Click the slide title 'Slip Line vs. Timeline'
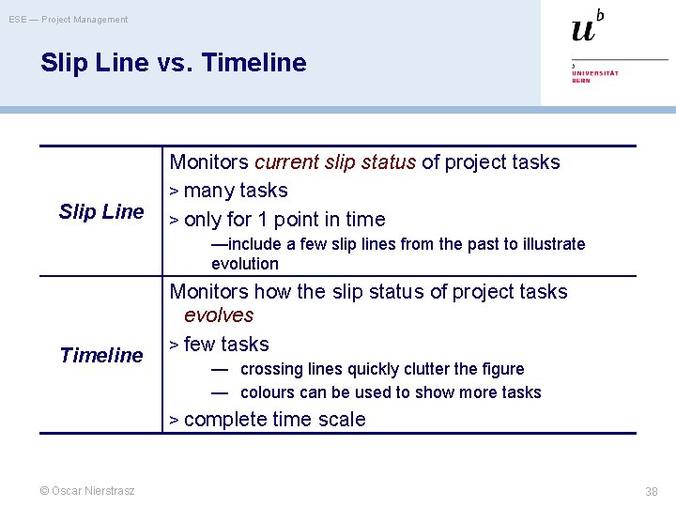click(173, 63)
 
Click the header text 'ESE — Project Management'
click(69, 19)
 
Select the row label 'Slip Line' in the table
click(101, 211)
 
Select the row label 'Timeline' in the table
click(101, 355)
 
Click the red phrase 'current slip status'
click(335, 161)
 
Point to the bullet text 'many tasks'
click(236, 191)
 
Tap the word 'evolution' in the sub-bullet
click(245, 264)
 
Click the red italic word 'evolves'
click(219, 315)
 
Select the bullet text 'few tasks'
click(226, 345)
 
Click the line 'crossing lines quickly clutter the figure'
click(382, 369)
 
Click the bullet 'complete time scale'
click(274, 420)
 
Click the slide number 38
click(651, 491)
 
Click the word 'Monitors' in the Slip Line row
click(209, 161)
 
